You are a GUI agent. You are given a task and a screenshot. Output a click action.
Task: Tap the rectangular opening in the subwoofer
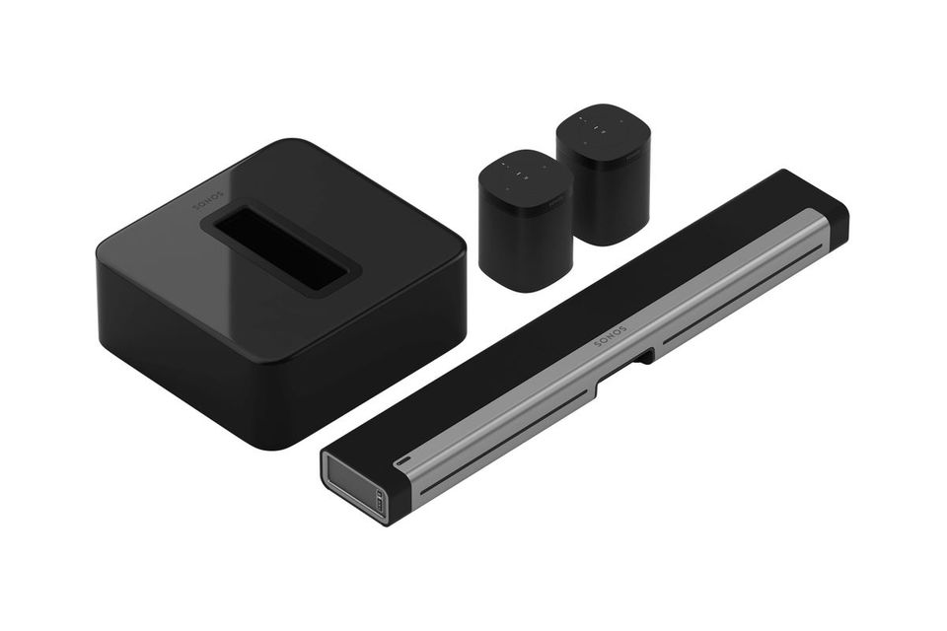click(280, 245)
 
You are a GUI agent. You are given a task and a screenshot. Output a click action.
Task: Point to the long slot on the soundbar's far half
click(740, 296)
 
